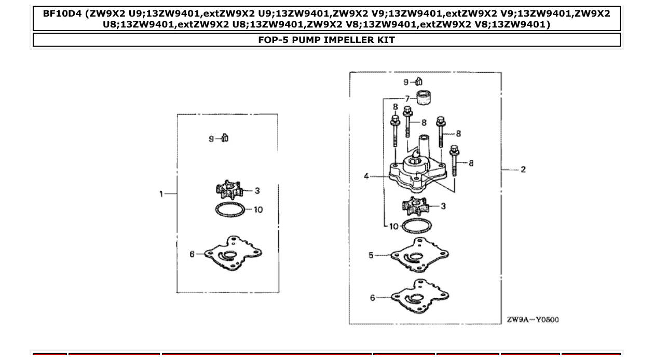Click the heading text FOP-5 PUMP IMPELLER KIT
(326, 40)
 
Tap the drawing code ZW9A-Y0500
(533, 320)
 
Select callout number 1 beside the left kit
(161, 193)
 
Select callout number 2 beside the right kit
(523, 169)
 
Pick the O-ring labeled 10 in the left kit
(230, 210)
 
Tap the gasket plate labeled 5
(419, 255)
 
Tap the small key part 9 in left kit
(225, 137)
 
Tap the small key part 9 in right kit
(419, 81)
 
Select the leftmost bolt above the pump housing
(394, 133)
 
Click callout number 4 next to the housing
(366, 176)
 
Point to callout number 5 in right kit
(371, 255)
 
